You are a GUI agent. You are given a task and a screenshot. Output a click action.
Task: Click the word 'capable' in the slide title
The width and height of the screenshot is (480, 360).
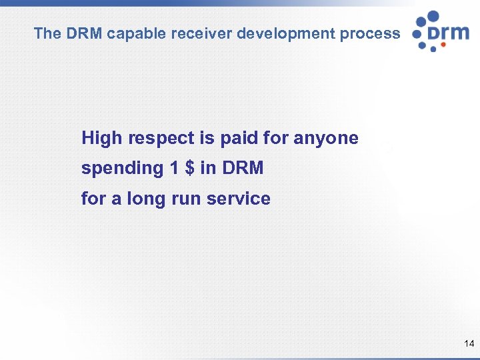133,33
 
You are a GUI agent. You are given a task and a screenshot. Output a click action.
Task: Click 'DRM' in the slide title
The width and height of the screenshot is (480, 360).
84,33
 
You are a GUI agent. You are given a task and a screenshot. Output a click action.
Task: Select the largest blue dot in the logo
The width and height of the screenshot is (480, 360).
433,17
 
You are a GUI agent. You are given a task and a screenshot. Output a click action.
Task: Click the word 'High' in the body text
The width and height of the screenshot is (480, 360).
102,139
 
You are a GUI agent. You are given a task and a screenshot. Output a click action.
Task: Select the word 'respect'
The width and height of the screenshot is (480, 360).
160,139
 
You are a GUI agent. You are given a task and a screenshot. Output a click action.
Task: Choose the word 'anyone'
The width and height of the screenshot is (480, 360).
326,139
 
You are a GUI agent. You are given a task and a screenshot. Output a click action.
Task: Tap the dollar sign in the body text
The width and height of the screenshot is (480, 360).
190,169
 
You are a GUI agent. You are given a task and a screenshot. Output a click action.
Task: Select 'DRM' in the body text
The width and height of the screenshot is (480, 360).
243,169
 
